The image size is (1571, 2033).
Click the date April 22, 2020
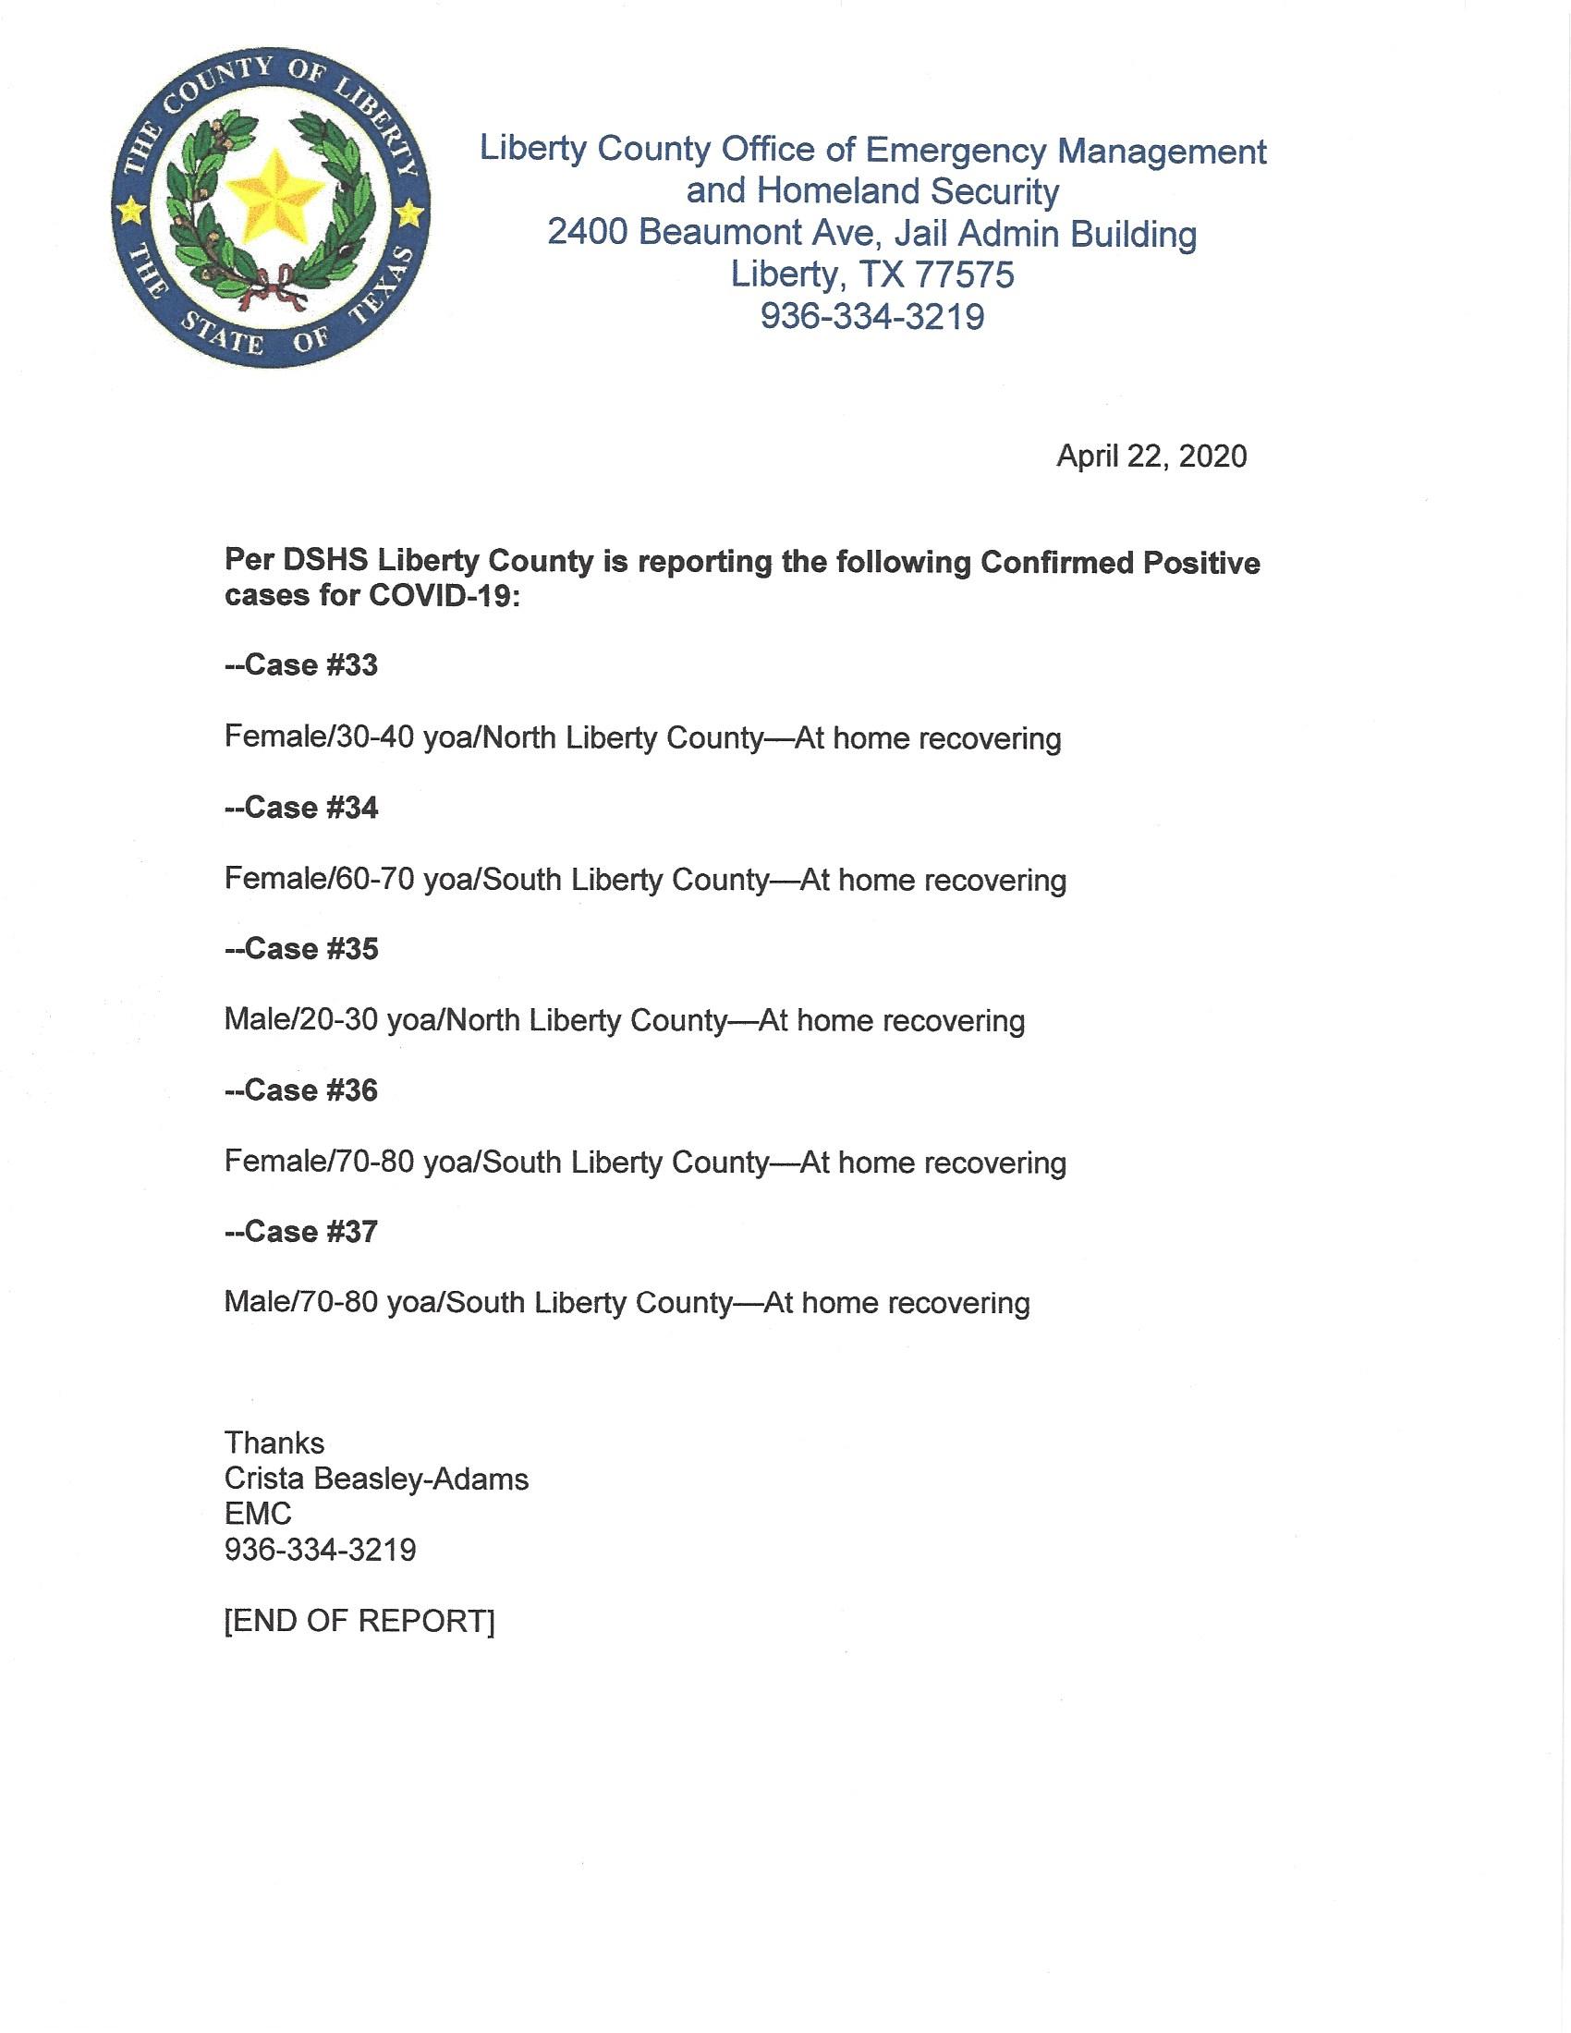(x=1151, y=457)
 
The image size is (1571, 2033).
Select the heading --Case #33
(x=301, y=665)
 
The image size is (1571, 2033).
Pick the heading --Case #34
(x=301, y=807)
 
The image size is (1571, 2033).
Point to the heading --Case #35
(x=301, y=948)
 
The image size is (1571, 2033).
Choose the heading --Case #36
(x=301, y=1090)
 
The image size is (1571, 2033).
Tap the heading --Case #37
(x=301, y=1232)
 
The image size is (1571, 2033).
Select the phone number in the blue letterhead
(x=872, y=316)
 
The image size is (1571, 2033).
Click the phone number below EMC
(x=320, y=1550)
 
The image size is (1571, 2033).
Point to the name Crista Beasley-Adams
(x=376, y=1479)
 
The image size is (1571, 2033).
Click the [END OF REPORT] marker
(x=359, y=1621)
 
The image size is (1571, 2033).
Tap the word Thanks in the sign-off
(x=274, y=1443)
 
